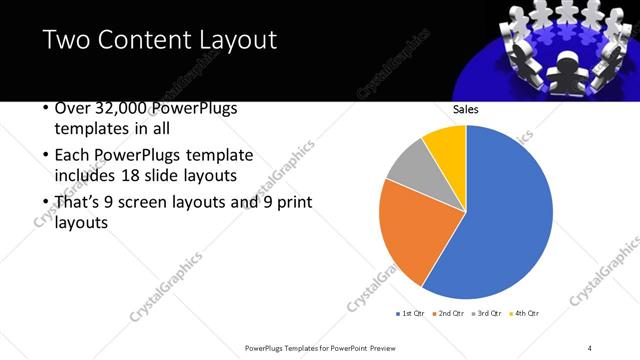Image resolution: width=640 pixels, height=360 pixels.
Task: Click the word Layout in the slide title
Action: click(x=236, y=40)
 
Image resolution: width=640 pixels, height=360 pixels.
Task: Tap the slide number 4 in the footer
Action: click(x=590, y=347)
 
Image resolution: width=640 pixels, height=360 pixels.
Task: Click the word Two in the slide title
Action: click(x=65, y=40)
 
